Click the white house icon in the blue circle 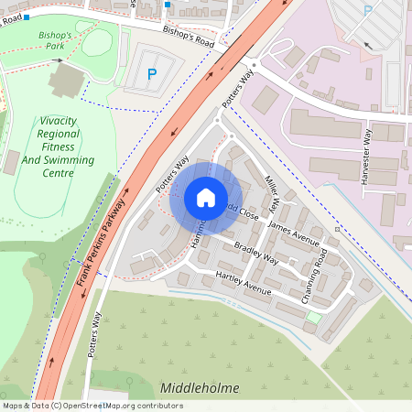[206, 198]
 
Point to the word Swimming [69, 160]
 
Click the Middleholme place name [200, 388]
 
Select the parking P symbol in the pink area [368, 10]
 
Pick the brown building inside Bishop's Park [64, 81]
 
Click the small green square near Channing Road [314, 317]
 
